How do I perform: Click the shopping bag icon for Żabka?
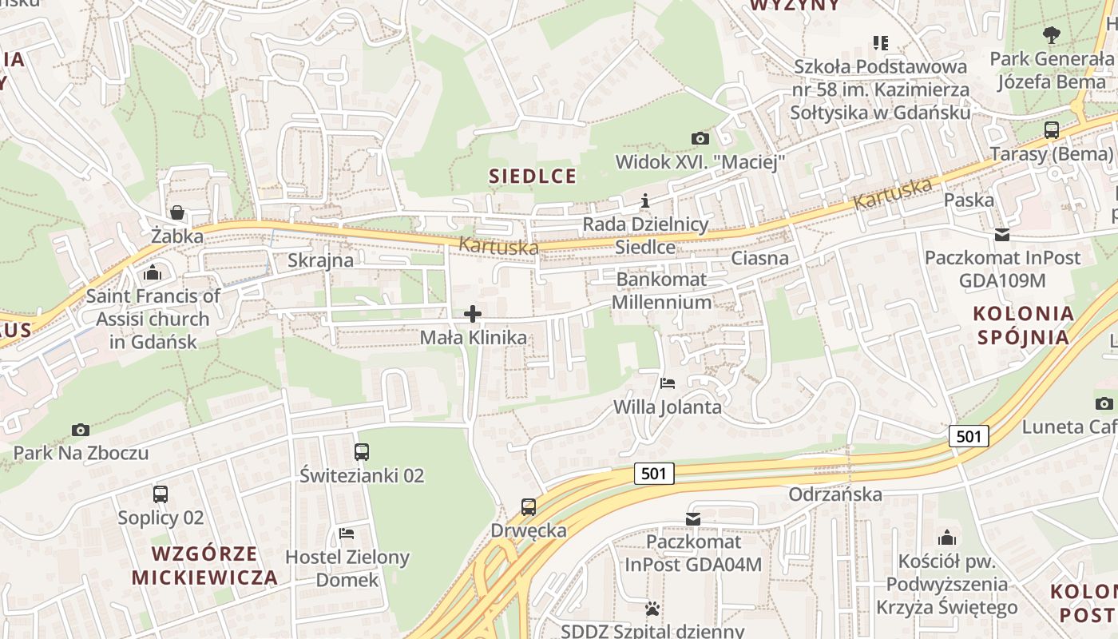(x=177, y=212)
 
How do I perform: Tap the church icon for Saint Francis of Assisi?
(x=153, y=273)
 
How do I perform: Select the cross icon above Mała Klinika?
(x=473, y=314)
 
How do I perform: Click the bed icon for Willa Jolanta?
(x=668, y=383)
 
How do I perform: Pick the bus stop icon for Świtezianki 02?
(x=362, y=452)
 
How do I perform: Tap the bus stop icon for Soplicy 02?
(x=161, y=494)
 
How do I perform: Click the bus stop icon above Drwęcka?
(x=529, y=506)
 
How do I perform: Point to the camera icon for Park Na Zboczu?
(x=80, y=430)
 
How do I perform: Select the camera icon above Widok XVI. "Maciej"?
(x=700, y=138)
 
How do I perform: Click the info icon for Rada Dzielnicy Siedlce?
(x=645, y=200)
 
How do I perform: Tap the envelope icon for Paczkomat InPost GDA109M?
(x=1001, y=235)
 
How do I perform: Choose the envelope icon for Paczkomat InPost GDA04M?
(x=692, y=519)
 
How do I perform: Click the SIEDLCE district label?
(x=532, y=177)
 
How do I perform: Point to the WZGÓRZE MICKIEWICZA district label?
(x=204, y=566)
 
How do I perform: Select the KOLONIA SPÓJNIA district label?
(x=1024, y=325)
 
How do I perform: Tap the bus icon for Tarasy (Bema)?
(x=1052, y=130)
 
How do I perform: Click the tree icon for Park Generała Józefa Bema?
(x=1052, y=35)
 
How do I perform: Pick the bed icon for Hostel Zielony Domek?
(x=347, y=534)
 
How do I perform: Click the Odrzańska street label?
(x=835, y=494)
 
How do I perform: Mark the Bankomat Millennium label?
(x=661, y=291)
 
